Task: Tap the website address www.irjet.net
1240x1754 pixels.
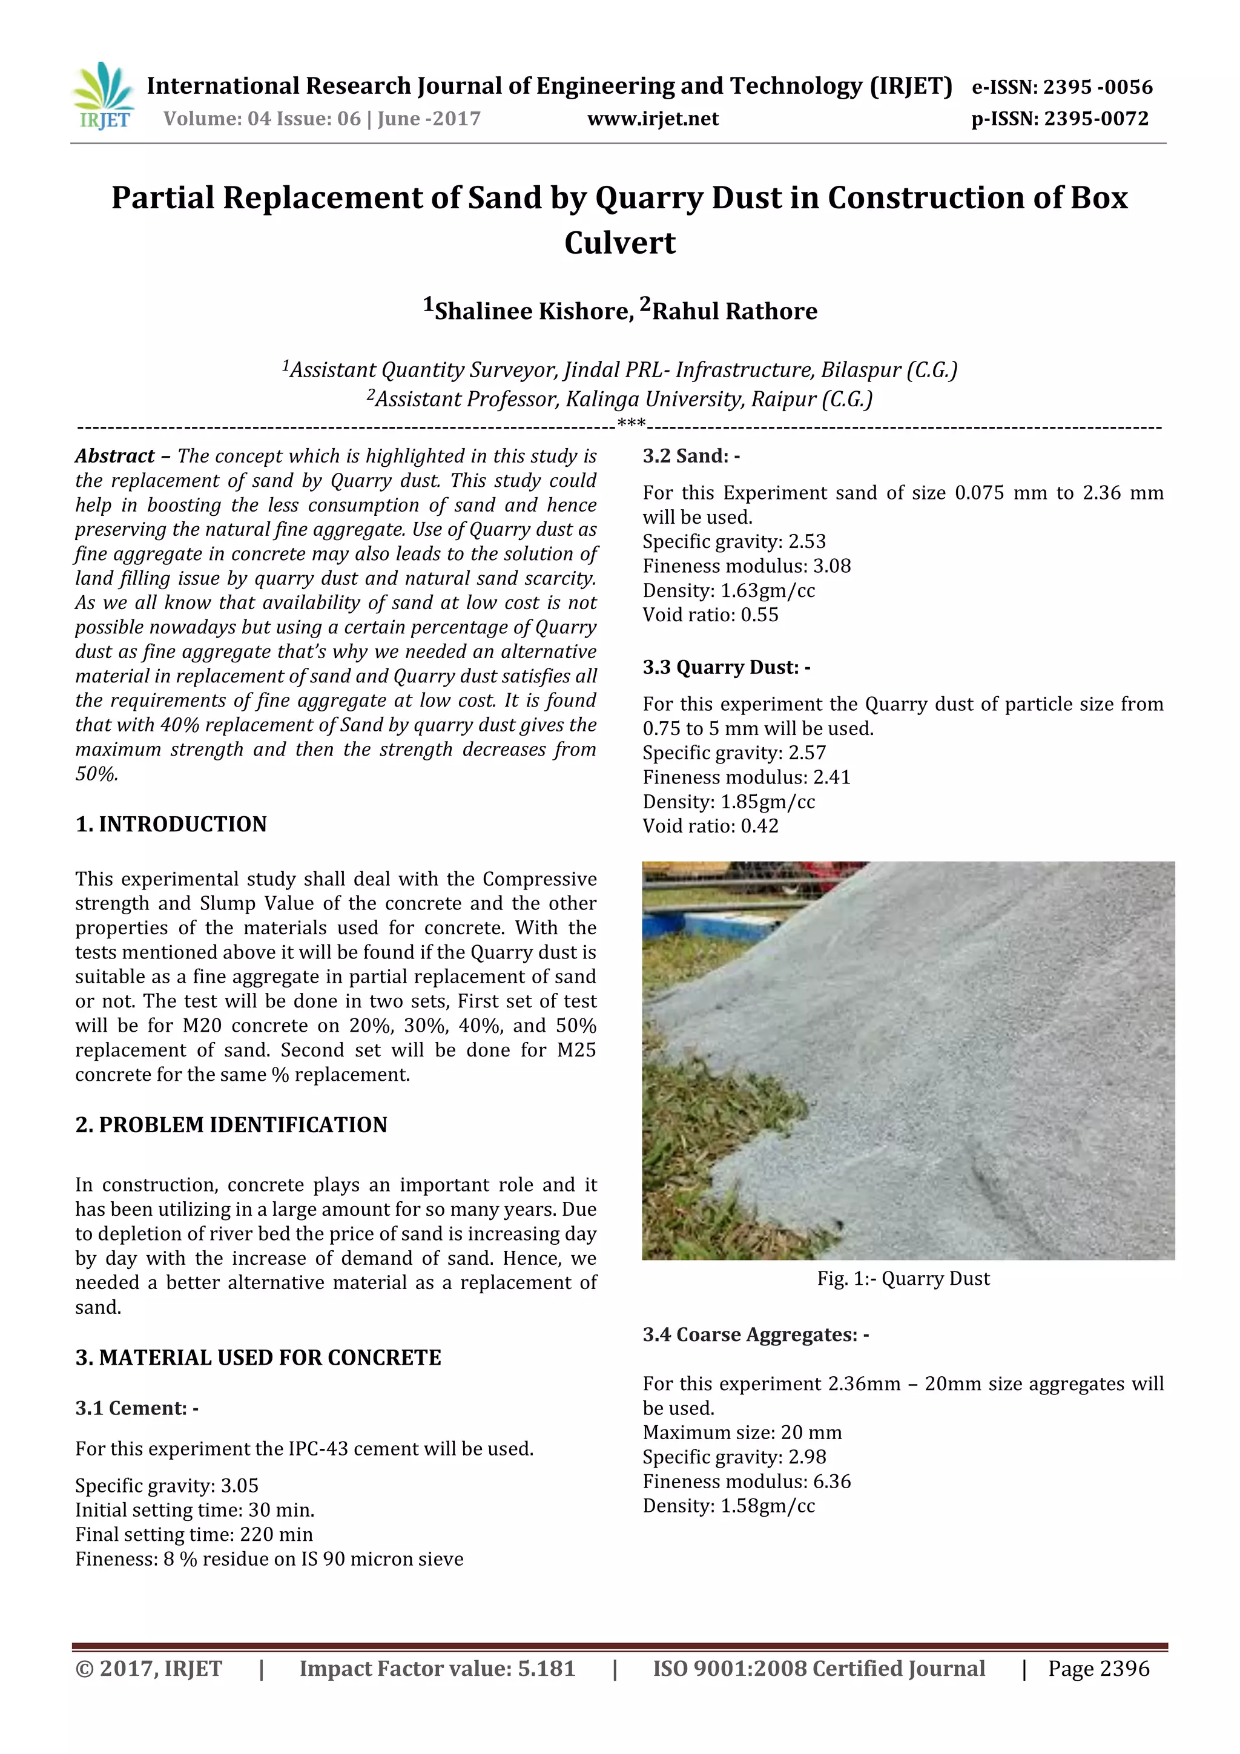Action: click(x=653, y=119)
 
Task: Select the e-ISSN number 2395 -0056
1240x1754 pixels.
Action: click(x=1097, y=87)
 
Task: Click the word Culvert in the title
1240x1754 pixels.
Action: click(x=619, y=243)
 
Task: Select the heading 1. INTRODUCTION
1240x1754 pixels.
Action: click(x=171, y=824)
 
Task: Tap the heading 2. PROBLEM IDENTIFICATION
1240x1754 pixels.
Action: click(x=231, y=1126)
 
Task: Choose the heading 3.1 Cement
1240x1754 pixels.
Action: click(x=137, y=1408)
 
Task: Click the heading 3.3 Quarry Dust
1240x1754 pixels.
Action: click(x=726, y=667)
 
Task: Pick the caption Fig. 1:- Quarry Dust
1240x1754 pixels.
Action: click(x=903, y=1279)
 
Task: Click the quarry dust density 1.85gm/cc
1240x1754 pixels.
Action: click(x=768, y=802)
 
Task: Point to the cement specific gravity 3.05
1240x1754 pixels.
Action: click(x=240, y=1486)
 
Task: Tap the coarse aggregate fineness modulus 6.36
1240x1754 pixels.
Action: click(x=831, y=1482)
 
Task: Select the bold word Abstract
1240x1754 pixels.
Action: click(x=114, y=456)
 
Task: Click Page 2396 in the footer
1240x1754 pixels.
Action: click(x=1098, y=1669)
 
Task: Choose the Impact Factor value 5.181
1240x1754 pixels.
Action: click(x=546, y=1669)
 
